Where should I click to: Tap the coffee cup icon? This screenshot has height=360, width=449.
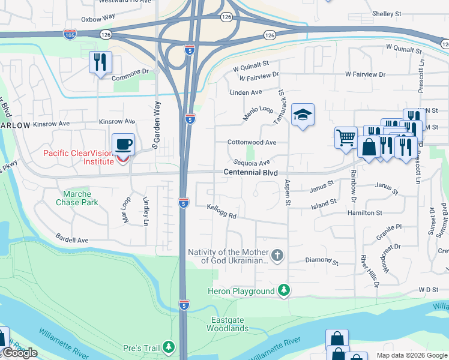click(x=124, y=145)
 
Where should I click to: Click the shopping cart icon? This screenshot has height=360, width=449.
click(x=346, y=137)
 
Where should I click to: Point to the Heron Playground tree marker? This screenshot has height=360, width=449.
click(x=284, y=292)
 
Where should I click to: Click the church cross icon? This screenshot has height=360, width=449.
click(x=277, y=256)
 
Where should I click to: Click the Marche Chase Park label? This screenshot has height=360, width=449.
click(x=77, y=198)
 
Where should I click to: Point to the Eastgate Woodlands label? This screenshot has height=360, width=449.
click(x=228, y=324)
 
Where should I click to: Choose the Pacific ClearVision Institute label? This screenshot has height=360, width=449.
click(x=78, y=157)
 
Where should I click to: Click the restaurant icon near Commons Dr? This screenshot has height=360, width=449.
click(x=100, y=62)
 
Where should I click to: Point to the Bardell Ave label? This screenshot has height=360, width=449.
click(x=72, y=239)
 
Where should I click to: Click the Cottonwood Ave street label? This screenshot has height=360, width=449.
click(x=252, y=143)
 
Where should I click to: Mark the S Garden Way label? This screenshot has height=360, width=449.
click(x=157, y=125)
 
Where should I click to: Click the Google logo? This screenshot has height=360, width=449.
click(x=20, y=353)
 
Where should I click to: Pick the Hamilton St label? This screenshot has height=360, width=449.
click(x=364, y=213)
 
